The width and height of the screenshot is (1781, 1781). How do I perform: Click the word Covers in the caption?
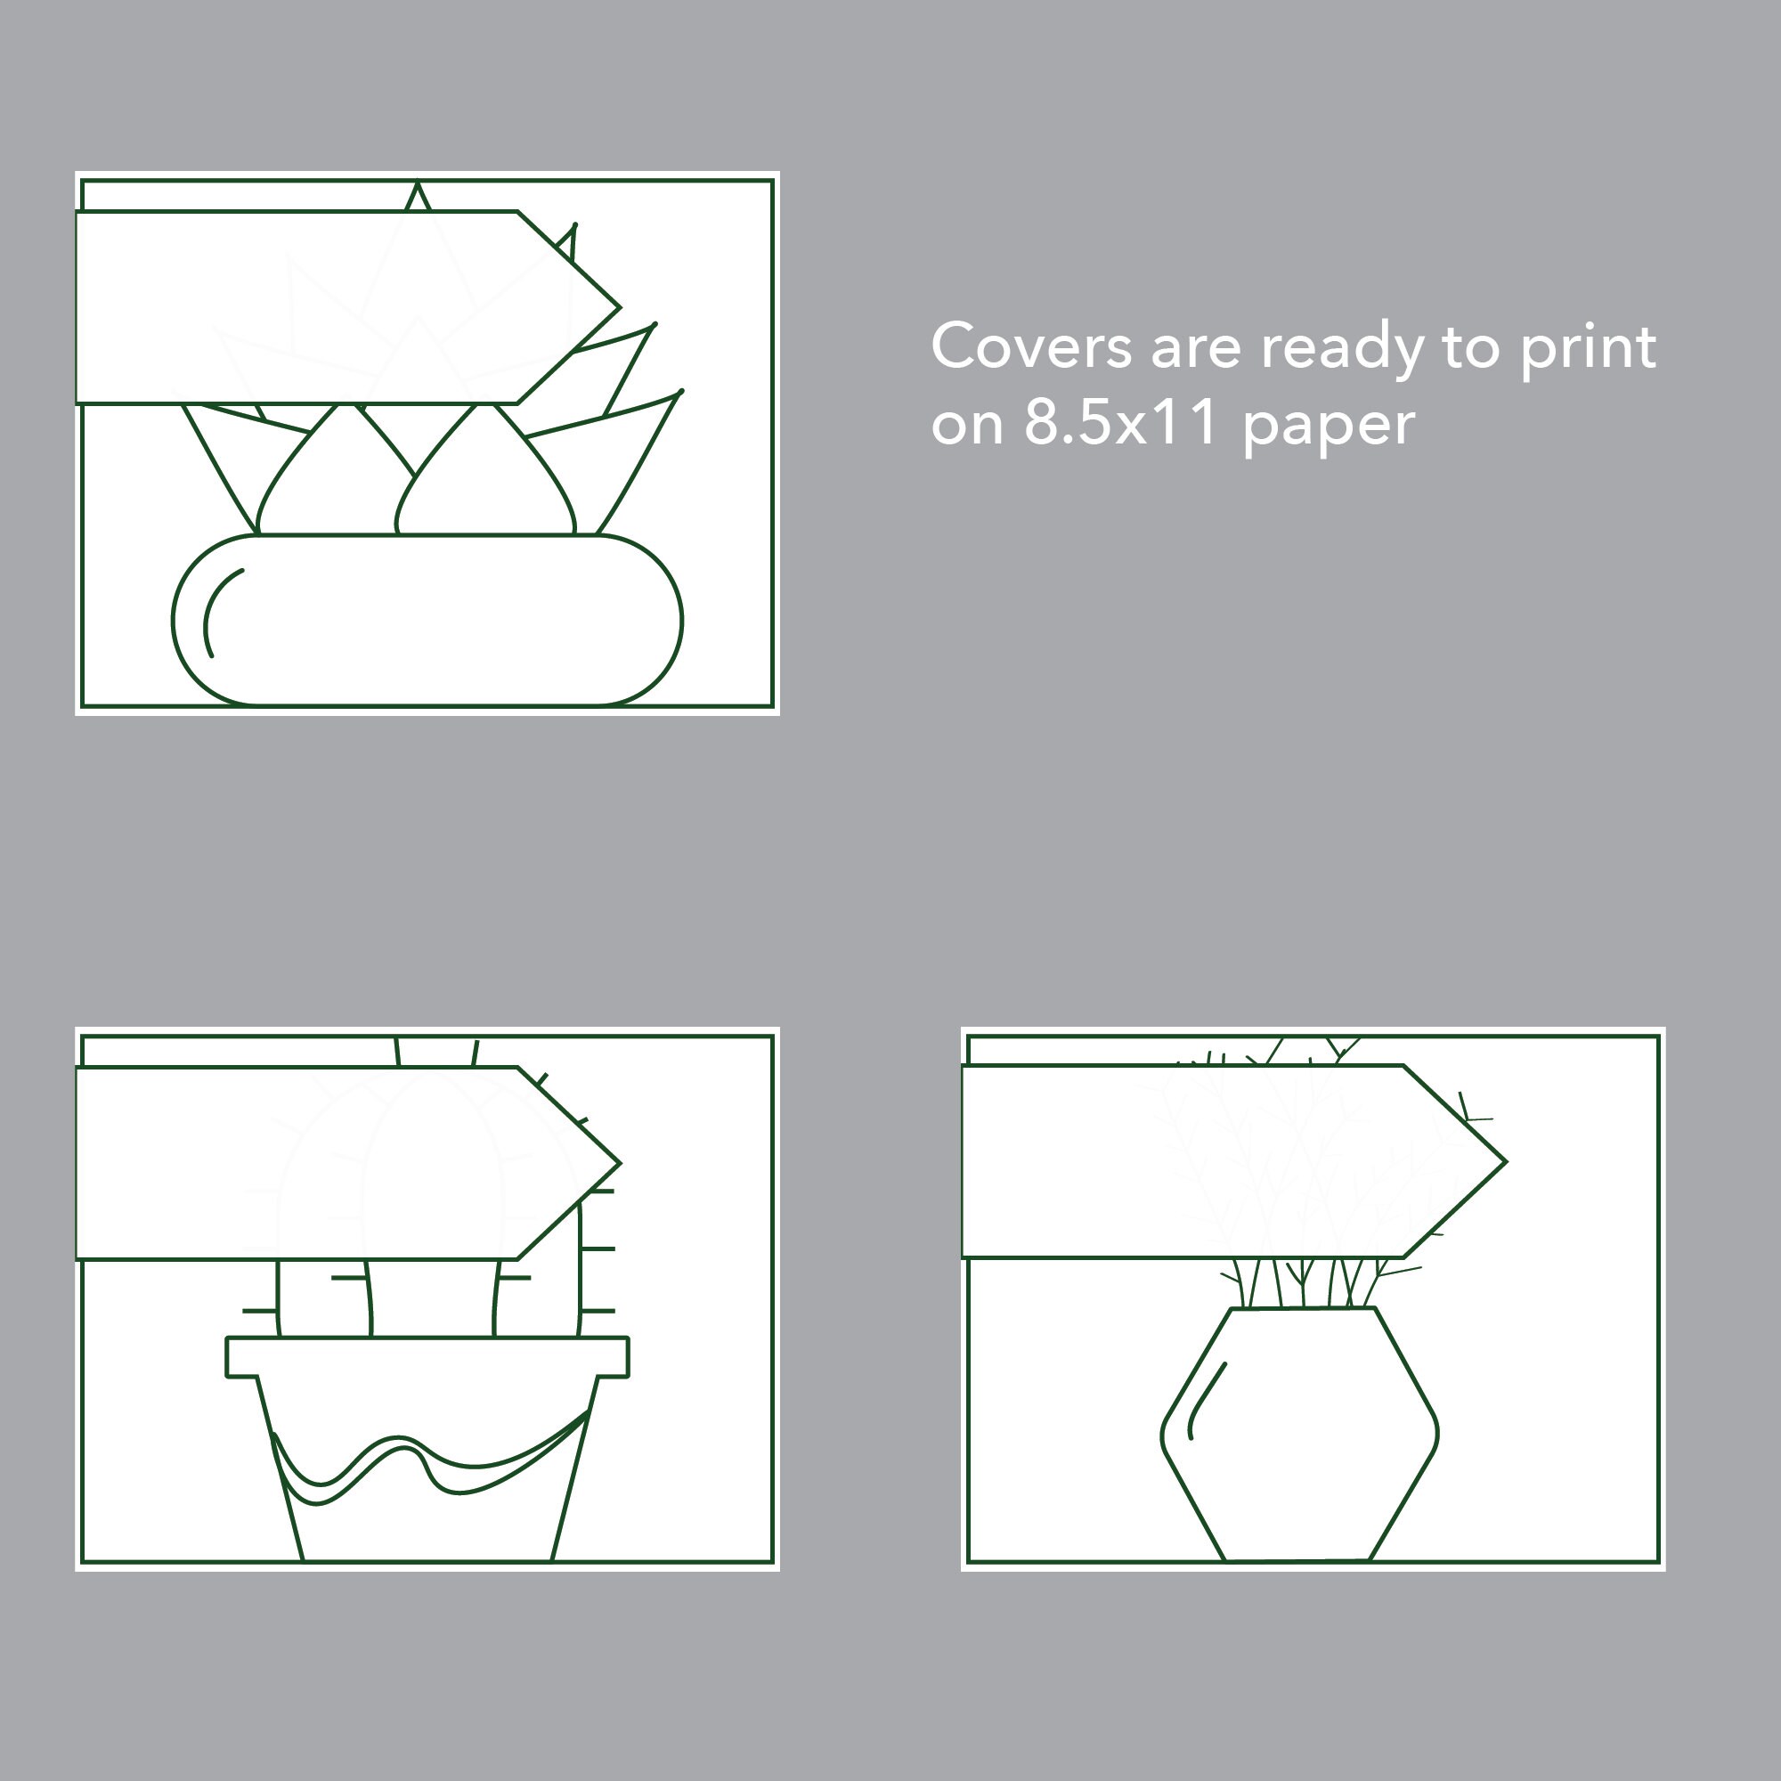pos(1030,347)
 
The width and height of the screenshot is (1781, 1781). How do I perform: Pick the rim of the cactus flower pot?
pos(427,1357)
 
